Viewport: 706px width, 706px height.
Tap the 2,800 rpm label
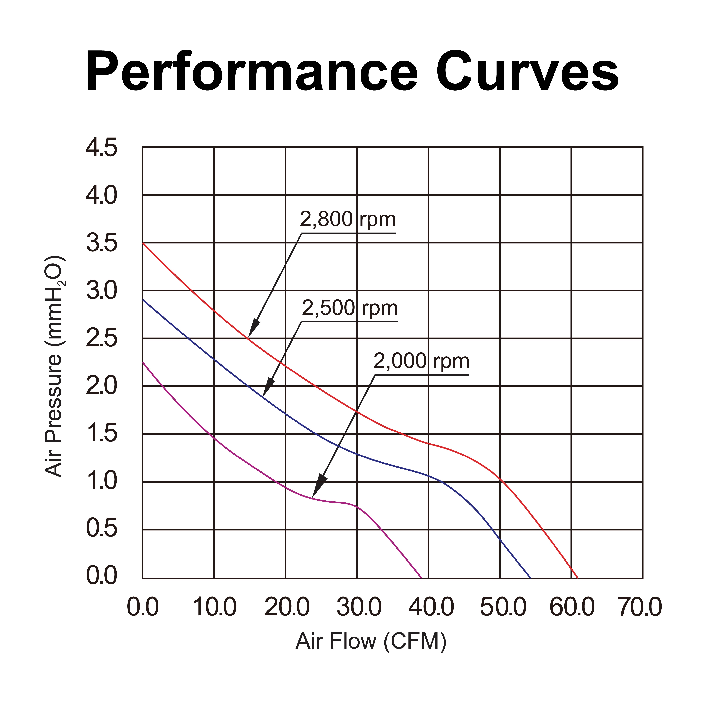(347, 220)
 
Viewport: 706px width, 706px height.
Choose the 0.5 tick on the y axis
(102, 529)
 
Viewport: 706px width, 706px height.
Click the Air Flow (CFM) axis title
(371, 641)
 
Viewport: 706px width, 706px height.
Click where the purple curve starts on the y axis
(143, 362)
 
